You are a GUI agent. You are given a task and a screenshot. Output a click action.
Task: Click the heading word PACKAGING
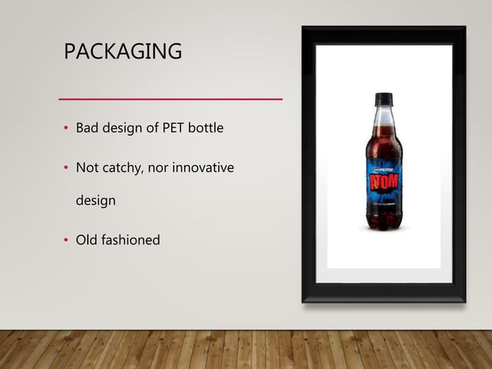click(123, 52)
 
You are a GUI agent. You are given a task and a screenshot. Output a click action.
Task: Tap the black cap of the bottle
click(383, 99)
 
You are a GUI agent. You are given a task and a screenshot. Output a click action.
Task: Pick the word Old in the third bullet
click(86, 240)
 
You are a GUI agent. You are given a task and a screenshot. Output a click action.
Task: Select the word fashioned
click(130, 240)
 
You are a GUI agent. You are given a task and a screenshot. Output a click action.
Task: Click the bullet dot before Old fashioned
click(66, 241)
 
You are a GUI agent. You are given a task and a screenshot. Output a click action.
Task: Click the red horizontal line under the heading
click(171, 100)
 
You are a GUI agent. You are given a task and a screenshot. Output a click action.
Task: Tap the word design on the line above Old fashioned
click(96, 201)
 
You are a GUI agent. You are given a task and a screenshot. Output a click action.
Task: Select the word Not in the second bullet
click(86, 168)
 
